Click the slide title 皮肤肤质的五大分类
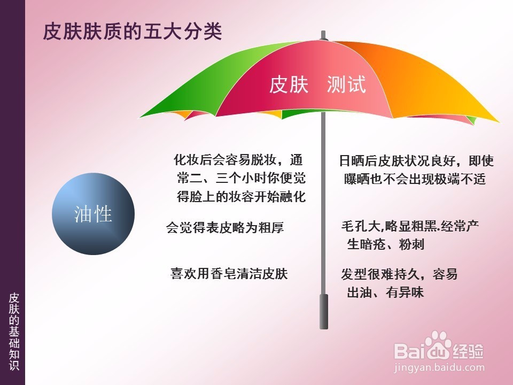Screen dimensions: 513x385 pyautogui.click(x=133, y=32)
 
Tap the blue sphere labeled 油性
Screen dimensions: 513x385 pyautogui.click(x=93, y=214)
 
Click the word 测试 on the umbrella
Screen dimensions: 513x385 pyautogui.click(x=346, y=84)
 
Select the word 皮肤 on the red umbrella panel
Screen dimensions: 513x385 pyautogui.click(x=289, y=84)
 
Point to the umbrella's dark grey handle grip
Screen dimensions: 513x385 pyautogui.click(x=324, y=312)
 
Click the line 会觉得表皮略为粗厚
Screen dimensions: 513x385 pyautogui.click(x=225, y=227)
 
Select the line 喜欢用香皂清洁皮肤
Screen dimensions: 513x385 pyautogui.click(x=229, y=274)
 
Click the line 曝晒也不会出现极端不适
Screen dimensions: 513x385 pyautogui.click(x=415, y=179)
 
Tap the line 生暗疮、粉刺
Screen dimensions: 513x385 pyautogui.click(x=386, y=244)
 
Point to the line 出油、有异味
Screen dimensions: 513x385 pyautogui.click(x=385, y=292)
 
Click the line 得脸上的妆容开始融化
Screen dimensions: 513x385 pyautogui.click(x=242, y=196)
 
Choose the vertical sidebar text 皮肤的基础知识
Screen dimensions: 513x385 pyautogui.click(x=14, y=332)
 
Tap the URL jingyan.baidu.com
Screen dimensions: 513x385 pyautogui.click(x=439, y=368)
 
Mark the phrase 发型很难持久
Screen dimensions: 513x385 pyautogui.click(x=380, y=274)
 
